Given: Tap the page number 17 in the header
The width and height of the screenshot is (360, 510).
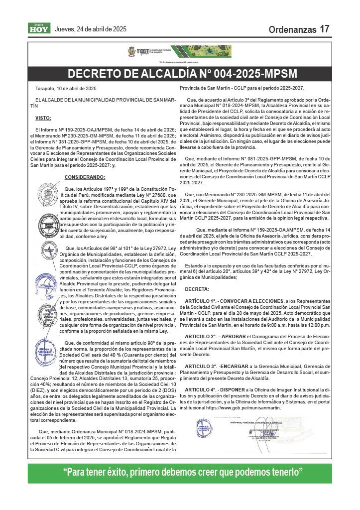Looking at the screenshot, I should click(x=325, y=29).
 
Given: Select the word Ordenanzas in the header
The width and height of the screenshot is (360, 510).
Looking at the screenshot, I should click(x=292, y=30).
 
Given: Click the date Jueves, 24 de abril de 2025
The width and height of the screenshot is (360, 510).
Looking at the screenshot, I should click(x=91, y=29).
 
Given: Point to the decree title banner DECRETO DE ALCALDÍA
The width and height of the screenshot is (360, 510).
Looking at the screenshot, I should click(x=182, y=74).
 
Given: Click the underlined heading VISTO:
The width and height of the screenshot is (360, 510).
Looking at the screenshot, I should click(x=43, y=118).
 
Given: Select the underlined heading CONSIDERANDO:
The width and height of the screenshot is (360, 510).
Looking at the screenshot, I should click(x=85, y=177).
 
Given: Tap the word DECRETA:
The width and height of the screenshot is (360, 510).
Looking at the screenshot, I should click(x=197, y=289).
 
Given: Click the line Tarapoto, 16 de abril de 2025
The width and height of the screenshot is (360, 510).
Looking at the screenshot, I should click(x=65, y=88).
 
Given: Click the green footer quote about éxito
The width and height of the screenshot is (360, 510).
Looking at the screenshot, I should click(x=180, y=472).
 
